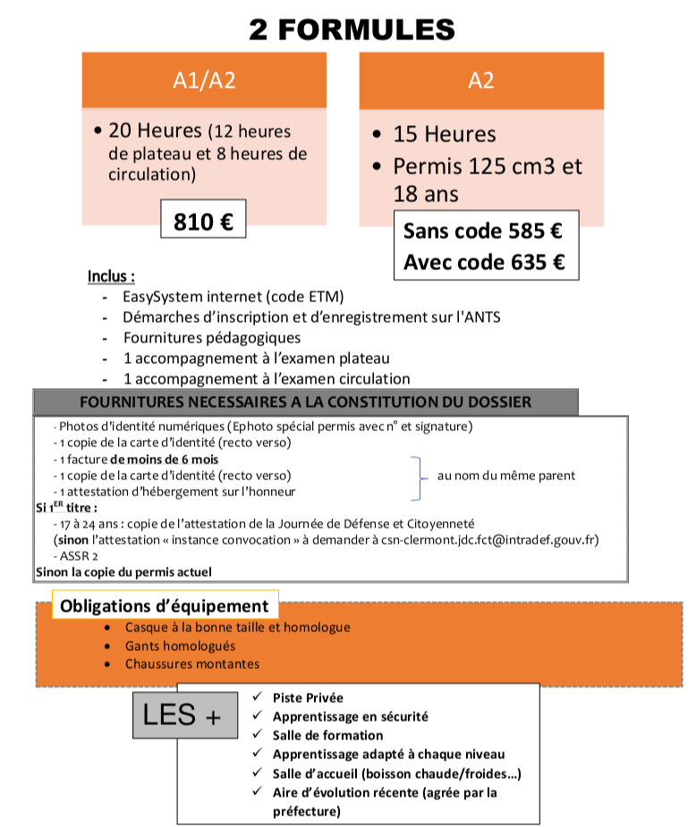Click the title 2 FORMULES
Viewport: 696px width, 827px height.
352,30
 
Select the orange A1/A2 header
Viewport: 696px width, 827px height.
204,80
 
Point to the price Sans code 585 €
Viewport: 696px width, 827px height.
482,232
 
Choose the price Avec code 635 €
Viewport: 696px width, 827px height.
483,262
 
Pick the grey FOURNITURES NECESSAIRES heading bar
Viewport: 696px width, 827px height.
305,401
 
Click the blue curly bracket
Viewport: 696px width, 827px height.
416,476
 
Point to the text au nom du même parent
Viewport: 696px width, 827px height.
505,476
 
